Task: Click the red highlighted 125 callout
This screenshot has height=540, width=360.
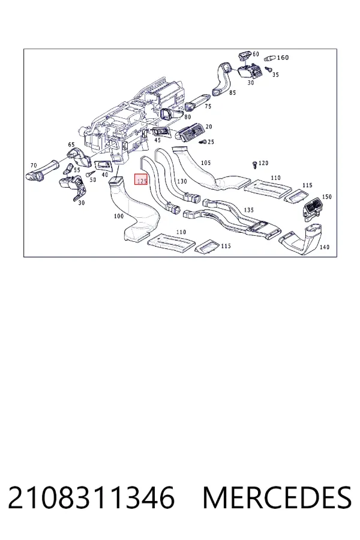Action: (x=141, y=179)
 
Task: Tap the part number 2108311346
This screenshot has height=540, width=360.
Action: (x=91, y=497)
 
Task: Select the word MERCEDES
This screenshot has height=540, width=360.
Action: (x=277, y=497)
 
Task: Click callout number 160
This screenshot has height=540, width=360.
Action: (x=283, y=58)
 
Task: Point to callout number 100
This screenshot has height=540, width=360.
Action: (x=119, y=216)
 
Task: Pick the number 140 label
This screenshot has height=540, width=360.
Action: (x=325, y=247)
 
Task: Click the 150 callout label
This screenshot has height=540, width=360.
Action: (x=326, y=197)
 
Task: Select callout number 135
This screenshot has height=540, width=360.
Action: (x=248, y=210)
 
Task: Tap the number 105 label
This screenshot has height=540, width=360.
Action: (x=205, y=163)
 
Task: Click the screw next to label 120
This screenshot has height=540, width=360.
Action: (x=254, y=164)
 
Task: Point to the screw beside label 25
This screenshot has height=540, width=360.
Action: (x=203, y=142)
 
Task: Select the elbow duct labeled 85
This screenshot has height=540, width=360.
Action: (x=221, y=79)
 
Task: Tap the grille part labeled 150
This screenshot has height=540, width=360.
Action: (x=312, y=209)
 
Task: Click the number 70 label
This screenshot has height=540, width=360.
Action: (x=34, y=166)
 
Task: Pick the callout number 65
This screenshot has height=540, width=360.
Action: (x=71, y=145)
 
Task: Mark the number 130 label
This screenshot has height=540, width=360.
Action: (x=182, y=181)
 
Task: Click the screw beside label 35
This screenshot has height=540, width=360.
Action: (x=266, y=69)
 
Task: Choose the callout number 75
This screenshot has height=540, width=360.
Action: (x=208, y=106)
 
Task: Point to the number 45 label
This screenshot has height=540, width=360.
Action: (x=157, y=140)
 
